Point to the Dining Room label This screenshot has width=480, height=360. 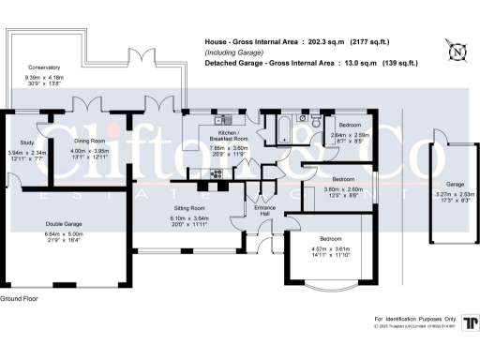click(90, 141)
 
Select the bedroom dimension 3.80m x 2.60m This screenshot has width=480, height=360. click(344, 188)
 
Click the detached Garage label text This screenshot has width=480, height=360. click(456, 184)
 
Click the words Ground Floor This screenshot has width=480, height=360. click(20, 298)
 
